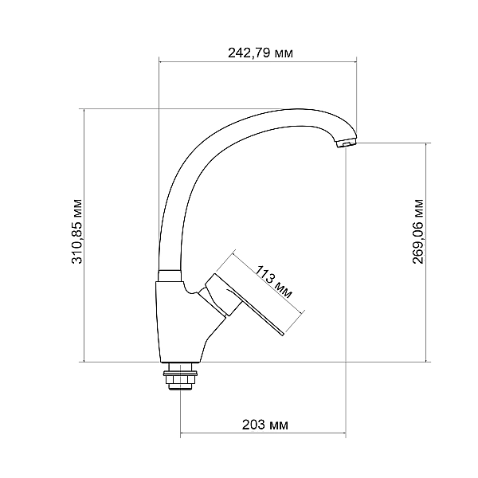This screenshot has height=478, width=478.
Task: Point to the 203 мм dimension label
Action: point(264,424)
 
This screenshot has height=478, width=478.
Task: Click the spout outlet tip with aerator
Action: point(347,143)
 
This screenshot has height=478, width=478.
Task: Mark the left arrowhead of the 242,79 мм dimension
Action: point(162,60)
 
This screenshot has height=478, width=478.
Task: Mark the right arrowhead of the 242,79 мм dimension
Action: point(355,60)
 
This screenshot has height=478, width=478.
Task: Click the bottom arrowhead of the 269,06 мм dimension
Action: point(428,358)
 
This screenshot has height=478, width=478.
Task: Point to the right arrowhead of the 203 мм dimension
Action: point(343,435)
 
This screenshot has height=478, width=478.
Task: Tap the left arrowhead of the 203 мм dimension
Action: point(183,435)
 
